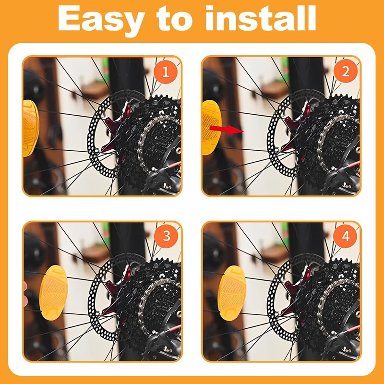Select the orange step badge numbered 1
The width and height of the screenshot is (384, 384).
[x=166, y=72]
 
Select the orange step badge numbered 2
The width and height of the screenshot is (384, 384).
[x=345, y=72]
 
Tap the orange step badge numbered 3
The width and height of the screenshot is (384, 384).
[x=166, y=236]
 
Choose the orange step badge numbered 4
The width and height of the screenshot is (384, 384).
[x=345, y=236]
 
